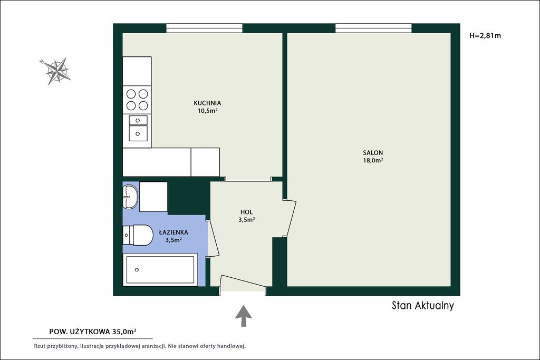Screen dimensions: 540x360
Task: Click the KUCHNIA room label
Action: (x=207, y=103)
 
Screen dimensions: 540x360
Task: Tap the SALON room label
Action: (x=373, y=153)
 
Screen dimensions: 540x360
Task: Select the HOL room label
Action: (x=247, y=212)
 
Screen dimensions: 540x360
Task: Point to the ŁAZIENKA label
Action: (x=173, y=232)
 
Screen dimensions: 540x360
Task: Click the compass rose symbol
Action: (x=56, y=71)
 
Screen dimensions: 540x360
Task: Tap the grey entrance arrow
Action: (x=244, y=316)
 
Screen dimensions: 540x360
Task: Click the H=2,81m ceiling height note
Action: (x=485, y=35)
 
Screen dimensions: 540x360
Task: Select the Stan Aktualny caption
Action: (x=423, y=305)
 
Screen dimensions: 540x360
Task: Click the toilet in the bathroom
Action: (x=138, y=236)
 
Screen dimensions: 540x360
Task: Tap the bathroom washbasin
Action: (x=130, y=197)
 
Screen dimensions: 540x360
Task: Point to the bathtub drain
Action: (x=137, y=270)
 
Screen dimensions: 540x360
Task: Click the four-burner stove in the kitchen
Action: (x=137, y=100)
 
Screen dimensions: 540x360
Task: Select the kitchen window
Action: (x=204, y=28)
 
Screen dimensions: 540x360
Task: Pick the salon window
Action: (x=374, y=28)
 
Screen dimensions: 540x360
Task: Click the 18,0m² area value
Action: (x=373, y=160)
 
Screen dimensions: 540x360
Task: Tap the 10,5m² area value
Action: (x=207, y=111)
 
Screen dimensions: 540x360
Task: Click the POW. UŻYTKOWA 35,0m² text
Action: (x=93, y=332)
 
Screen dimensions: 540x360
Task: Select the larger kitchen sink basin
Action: (x=138, y=133)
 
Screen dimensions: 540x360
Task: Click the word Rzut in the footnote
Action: (x=39, y=346)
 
